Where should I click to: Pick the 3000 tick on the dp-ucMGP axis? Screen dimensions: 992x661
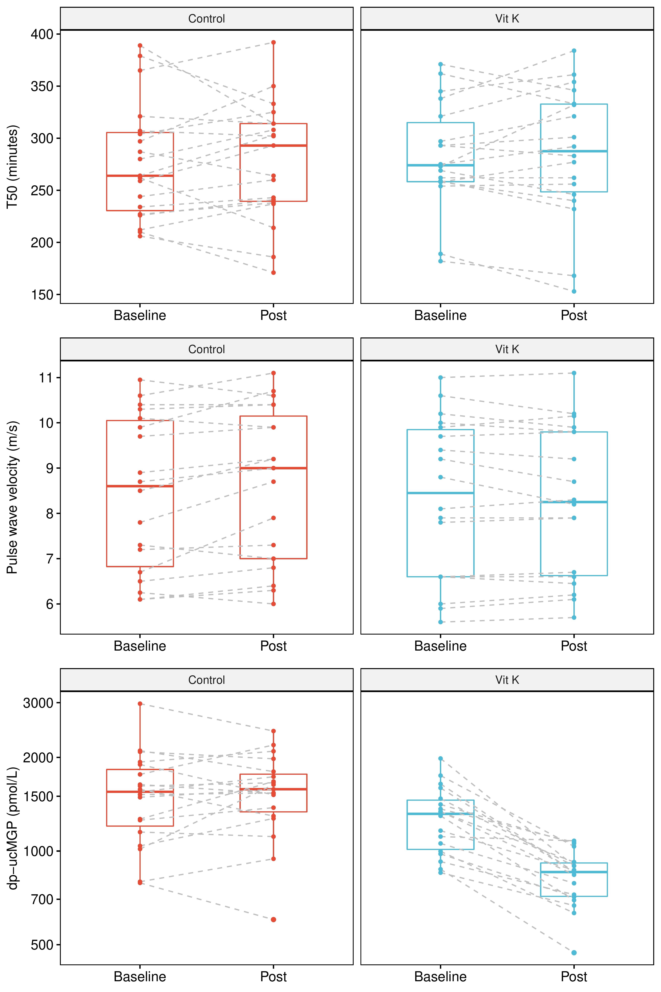pos(38,703)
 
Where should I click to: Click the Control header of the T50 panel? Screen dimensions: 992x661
pos(207,19)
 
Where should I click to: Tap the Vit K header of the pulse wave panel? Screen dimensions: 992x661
pos(507,349)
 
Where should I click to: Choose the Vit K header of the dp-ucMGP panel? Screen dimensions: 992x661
pos(507,680)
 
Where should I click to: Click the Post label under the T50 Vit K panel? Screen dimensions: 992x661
pos(574,315)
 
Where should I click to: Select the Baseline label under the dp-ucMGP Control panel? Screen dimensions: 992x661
pos(140,976)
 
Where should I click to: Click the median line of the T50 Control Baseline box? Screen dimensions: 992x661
pos(140,175)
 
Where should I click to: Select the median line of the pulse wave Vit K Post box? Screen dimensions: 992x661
pos(574,502)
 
